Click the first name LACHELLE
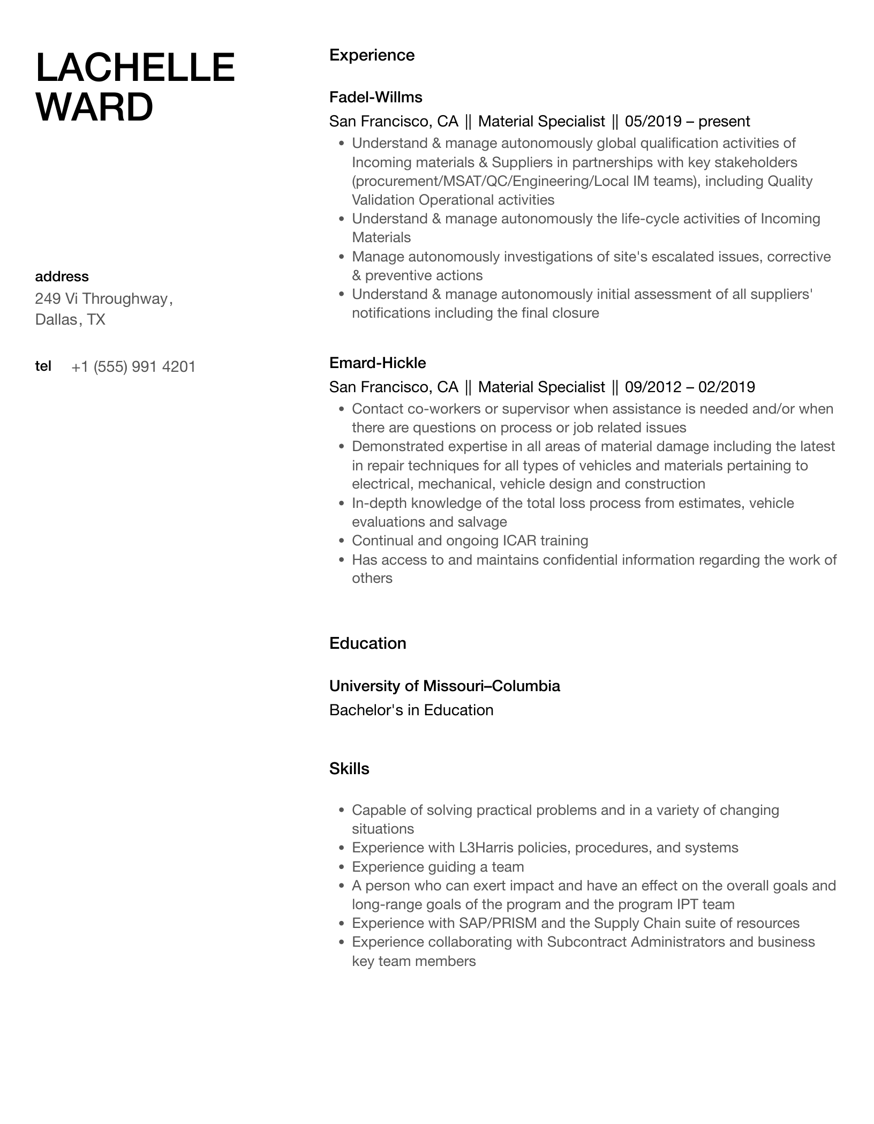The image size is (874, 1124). [x=135, y=68]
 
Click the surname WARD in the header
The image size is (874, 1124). [x=94, y=107]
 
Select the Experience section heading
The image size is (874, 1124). [x=372, y=55]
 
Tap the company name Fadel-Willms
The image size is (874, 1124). [x=375, y=97]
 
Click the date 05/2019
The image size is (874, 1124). [x=653, y=121]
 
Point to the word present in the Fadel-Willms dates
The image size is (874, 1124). [x=724, y=121]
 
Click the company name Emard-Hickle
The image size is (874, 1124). [x=378, y=363]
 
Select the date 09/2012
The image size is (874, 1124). [x=653, y=387]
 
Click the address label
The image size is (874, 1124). [x=62, y=276]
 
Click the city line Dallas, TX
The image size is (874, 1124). [x=70, y=320]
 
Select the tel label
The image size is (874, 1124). [x=43, y=366]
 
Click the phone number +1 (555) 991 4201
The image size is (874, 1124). [x=133, y=367]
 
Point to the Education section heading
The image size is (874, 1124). [x=367, y=643]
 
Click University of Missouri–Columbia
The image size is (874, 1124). [x=444, y=686]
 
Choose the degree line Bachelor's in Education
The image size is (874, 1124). [x=411, y=710]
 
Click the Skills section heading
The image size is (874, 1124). [x=349, y=769]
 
